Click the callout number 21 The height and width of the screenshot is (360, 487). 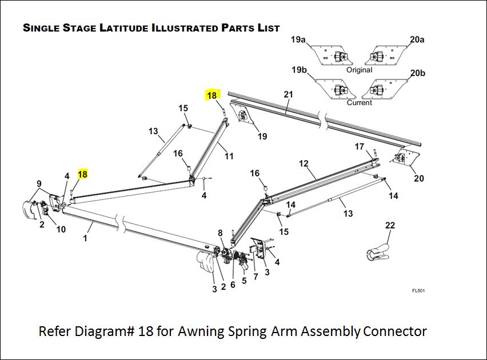[x=288, y=94]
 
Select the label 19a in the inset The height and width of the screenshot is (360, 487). [x=298, y=40]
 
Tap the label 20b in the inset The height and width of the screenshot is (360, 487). [x=417, y=73]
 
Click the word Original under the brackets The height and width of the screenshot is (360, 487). [x=359, y=70]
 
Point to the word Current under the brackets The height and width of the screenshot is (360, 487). [x=359, y=103]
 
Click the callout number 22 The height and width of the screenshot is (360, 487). [x=390, y=226]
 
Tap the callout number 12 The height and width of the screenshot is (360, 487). [x=304, y=163]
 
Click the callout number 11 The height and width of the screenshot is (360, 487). [x=229, y=155]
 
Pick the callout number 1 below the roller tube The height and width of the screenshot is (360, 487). [x=85, y=238]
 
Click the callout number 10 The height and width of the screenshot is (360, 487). [x=61, y=229]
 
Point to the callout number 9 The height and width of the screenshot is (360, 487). [x=39, y=183]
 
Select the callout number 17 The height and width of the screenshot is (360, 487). [x=359, y=147]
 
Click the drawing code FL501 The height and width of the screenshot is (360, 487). [x=418, y=291]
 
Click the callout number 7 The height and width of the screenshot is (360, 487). [x=256, y=277]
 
